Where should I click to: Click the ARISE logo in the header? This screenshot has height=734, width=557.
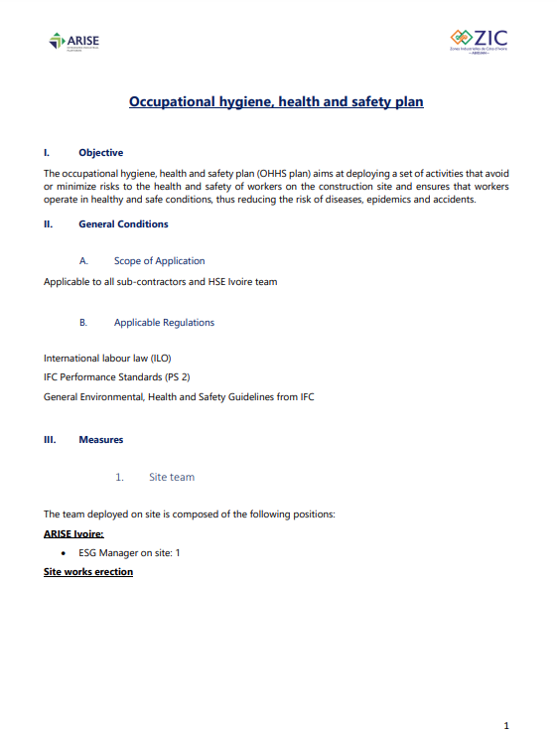73,42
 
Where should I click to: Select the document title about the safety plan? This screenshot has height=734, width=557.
276,101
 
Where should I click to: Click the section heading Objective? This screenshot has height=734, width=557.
100,153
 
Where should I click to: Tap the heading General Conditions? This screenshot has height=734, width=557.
123,224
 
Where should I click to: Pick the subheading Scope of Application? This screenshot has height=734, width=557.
159,261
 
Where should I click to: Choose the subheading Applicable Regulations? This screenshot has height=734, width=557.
164,323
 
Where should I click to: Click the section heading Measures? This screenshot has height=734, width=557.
100,439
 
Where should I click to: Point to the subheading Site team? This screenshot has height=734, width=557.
172,477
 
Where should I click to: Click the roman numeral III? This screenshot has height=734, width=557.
50,439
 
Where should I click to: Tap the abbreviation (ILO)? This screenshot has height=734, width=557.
171,358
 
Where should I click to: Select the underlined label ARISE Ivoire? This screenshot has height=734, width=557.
73,534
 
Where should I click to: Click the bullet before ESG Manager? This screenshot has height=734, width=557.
64,553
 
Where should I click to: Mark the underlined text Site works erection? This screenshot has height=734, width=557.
88,572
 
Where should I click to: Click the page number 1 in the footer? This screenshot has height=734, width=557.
506,725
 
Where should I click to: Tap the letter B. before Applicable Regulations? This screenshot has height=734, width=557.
83,323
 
